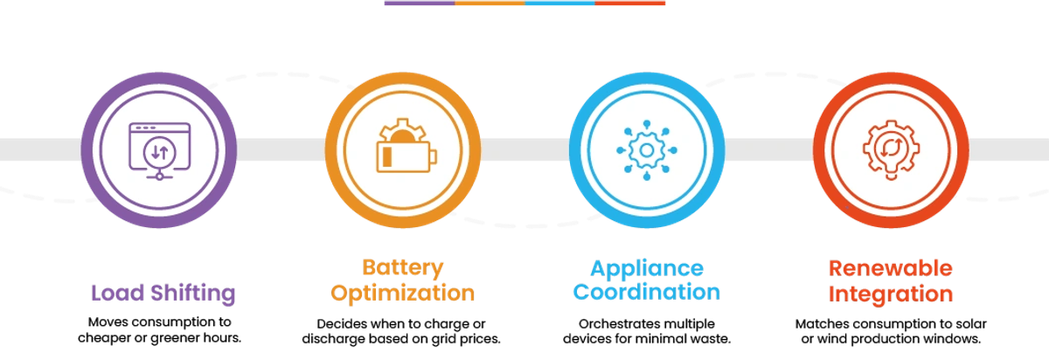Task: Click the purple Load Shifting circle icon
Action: [x=158, y=150]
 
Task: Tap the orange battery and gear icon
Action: [x=403, y=150]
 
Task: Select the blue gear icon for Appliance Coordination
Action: [x=647, y=150]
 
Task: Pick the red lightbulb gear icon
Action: [x=891, y=150]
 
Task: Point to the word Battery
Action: [x=403, y=267]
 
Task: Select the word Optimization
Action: [x=403, y=292]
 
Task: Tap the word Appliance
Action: [x=647, y=267]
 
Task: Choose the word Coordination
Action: [x=647, y=292]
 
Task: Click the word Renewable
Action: [x=890, y=267]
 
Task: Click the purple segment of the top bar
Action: [x=419, y=3]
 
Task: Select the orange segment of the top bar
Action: [x=490, y=3]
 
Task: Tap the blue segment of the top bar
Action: [x=559, y=3]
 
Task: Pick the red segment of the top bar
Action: [x=630, y=3]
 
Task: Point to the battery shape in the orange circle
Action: [x=399, y=158]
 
